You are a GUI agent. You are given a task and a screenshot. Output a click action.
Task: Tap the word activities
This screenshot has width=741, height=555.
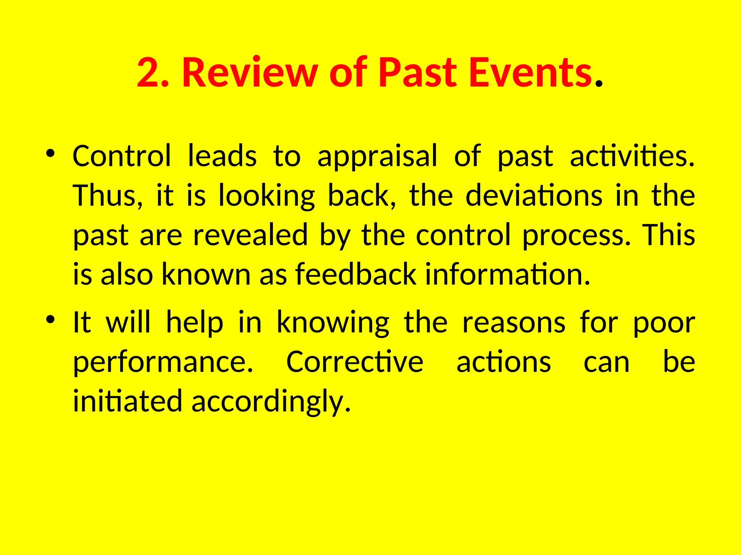click(x=631, y=156)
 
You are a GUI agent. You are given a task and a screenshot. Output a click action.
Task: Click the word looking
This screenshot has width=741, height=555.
click(x=267, y=196)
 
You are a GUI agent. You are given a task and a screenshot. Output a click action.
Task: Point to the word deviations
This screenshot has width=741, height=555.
click(x=534, y=195)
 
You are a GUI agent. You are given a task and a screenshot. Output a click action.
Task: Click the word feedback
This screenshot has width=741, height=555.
click(x=356, y=274)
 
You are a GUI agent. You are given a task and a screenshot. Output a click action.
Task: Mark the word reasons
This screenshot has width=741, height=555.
click(x=514, y=323)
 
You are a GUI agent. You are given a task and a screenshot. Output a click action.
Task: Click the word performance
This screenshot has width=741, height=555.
click(x=163, y=363)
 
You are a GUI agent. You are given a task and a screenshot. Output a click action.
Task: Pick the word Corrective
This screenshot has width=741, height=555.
click(x=355, y=362)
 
